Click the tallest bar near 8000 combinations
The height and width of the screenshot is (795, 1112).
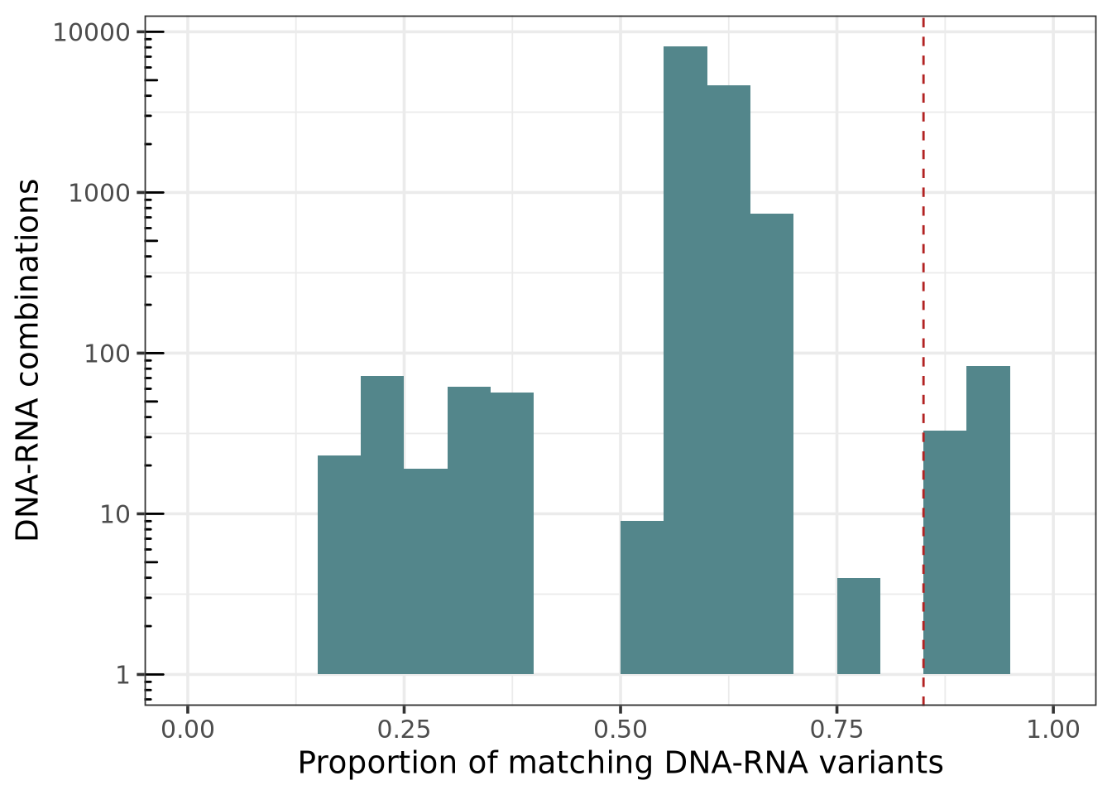[x=685, y=360]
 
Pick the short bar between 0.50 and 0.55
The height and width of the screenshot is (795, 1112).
[x=642, y=597]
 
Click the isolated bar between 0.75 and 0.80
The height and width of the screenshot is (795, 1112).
[x=859, y=626]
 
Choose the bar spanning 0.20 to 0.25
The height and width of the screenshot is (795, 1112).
[x=382, y=525]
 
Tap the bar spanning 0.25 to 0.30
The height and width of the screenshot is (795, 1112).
[x=425, y=571]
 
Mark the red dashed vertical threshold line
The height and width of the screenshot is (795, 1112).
[x=923, y=248]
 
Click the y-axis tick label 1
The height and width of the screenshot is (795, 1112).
[x=123, y=675]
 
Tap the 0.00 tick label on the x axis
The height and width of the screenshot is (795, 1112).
[x=188, y=730]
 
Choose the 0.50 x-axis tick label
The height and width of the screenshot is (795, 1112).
[x=621, y=730]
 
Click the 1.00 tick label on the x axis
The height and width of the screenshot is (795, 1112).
[x=1052, y=730]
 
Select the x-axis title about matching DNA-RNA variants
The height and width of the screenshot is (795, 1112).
[x=621, y=763]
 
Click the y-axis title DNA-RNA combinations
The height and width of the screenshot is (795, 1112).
[x=28, y=360]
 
